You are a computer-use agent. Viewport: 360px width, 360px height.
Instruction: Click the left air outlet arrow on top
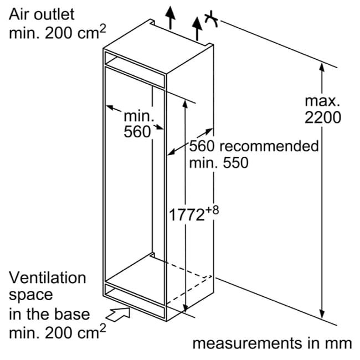tap(170, 18)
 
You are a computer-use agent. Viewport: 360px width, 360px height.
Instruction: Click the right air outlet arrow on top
tap(197, 28)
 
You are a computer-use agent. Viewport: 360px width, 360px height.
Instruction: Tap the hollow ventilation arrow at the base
tap(118, 315)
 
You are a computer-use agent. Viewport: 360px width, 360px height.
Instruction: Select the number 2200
tap(322, 117)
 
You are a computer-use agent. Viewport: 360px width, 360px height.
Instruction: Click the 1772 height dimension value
tap(187, 215)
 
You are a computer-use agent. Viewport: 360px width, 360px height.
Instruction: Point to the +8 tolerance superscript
tap(212, 210)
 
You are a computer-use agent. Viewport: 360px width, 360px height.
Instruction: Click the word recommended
tap(269, 146)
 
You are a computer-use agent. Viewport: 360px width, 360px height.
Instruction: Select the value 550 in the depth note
tap(235, 163)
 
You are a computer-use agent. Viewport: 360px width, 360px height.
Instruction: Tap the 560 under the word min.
tap(137, 132)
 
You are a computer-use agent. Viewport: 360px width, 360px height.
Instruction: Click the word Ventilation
tap(47, 277)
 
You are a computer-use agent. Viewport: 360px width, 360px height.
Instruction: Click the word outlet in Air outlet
tap(54, 14)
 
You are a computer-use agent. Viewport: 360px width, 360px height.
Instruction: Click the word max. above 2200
tap(322, 101)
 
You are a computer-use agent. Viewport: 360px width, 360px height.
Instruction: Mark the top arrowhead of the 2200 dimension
tap(322, 67)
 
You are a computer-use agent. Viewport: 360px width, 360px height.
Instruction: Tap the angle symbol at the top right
tap(212, 19)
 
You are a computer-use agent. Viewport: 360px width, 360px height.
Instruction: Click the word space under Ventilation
tap(31, 296)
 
